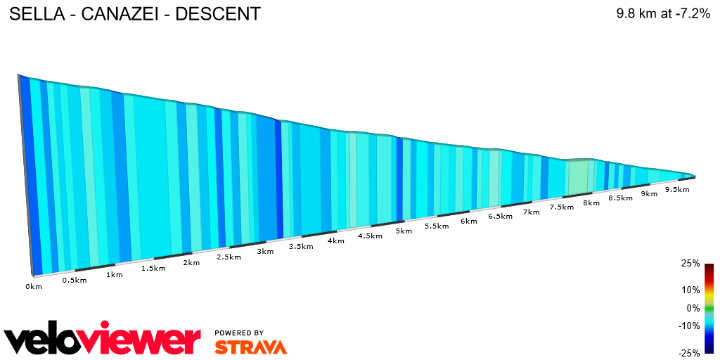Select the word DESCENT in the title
coord(218,13)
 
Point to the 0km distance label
coord(34,286)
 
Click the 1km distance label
coord(115,274)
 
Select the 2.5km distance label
coord(229,257)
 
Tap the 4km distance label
coord(335,240)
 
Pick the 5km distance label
coord(404,231)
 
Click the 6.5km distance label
coord(500,217)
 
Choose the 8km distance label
coord(591,203)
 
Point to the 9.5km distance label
coord(676,190)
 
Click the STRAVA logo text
coord(250,347)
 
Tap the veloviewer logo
coord(103,340)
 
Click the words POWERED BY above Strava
coord(239,333)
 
